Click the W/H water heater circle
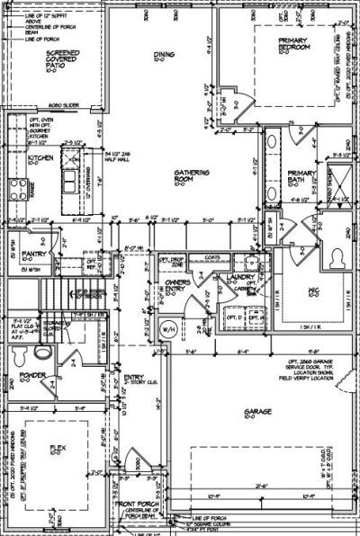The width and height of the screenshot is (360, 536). click(167, 327)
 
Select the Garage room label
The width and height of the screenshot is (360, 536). click(251, 413)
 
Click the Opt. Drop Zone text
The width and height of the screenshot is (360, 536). click(171, 262)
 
